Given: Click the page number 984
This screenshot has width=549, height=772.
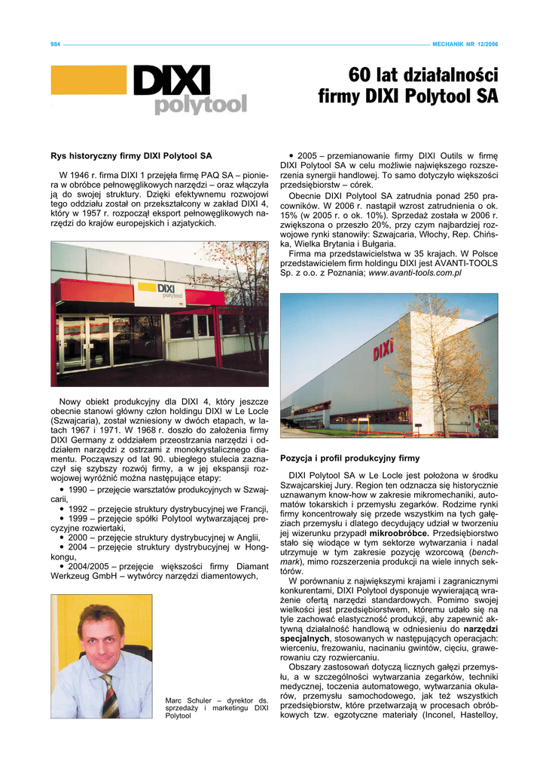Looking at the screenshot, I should click(55, 44).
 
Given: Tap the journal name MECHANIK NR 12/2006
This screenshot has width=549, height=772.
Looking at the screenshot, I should click(465, 44).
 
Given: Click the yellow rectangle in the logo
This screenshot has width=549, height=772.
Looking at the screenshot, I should click(88, 80).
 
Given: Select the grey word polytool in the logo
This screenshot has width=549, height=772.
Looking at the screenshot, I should click(200, 105).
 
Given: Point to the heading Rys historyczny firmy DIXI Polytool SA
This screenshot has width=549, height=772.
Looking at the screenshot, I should click(130, 157).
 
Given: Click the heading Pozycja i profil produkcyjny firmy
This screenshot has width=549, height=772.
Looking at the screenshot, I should click(349, 458).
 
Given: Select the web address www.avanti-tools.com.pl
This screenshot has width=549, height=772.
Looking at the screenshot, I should click(414, 274).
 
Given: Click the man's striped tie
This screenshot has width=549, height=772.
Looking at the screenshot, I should click(110, 694).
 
